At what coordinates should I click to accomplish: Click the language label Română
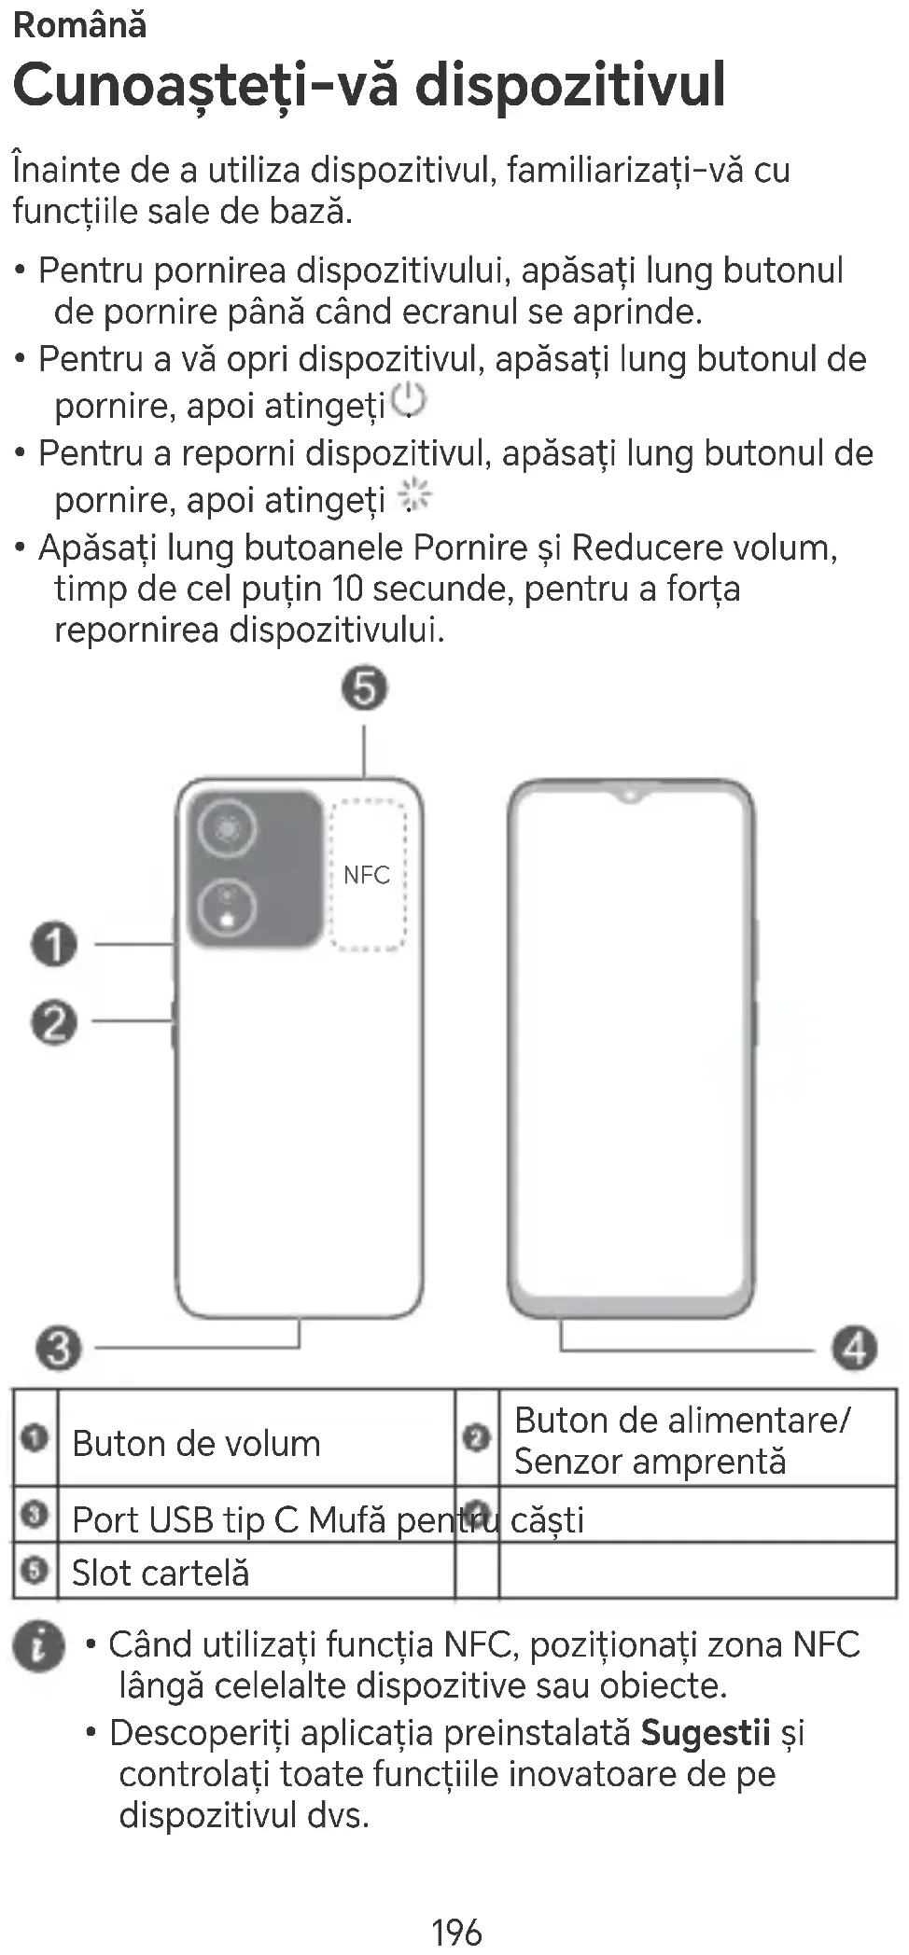[80, 25]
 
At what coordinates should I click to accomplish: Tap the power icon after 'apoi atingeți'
[408, 400]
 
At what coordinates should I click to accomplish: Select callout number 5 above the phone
[364, 689]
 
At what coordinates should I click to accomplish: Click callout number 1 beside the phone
[55, 944]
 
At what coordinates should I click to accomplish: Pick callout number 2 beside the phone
[55, 1023]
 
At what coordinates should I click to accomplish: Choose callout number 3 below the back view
[59, 1349]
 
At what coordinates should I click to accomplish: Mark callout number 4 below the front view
[855, 1349]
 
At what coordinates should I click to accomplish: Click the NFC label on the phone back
[367, 875]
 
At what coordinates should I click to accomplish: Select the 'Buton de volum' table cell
[196, 1444]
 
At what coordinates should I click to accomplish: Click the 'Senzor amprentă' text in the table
[650, 1462]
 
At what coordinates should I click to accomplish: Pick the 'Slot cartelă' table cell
[161, 1574]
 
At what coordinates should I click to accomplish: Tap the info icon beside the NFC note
[39, 1645]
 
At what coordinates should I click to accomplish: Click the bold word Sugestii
[705, 1733]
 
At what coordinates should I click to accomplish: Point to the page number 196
[456, 1932]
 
